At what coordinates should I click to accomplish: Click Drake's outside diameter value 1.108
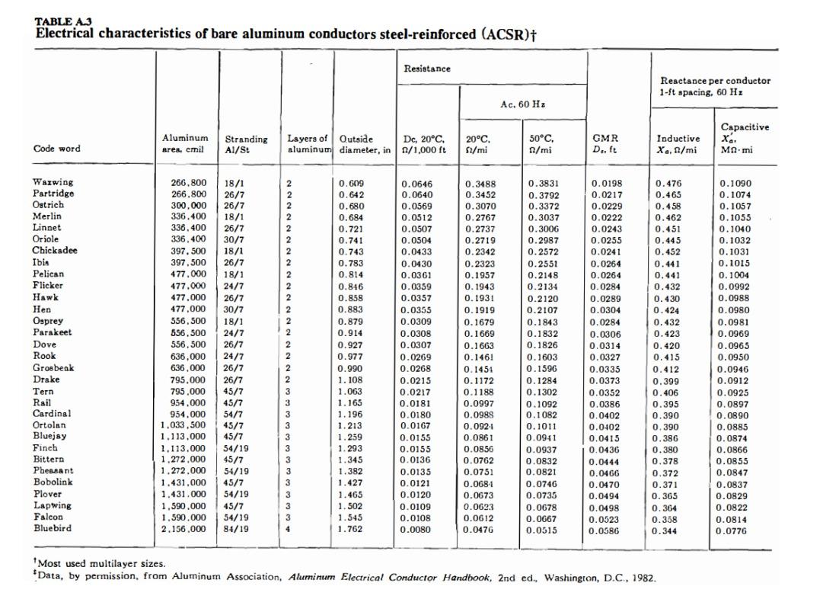[x=352, y=380]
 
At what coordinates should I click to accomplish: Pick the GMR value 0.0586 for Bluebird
[x=606, y=530]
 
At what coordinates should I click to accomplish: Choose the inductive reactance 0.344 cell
[x=668, y=530]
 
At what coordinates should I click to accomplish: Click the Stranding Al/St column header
[x=246, y=144]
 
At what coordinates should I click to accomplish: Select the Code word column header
[x=58, y=149]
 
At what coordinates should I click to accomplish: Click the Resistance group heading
[x=426, y=69]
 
